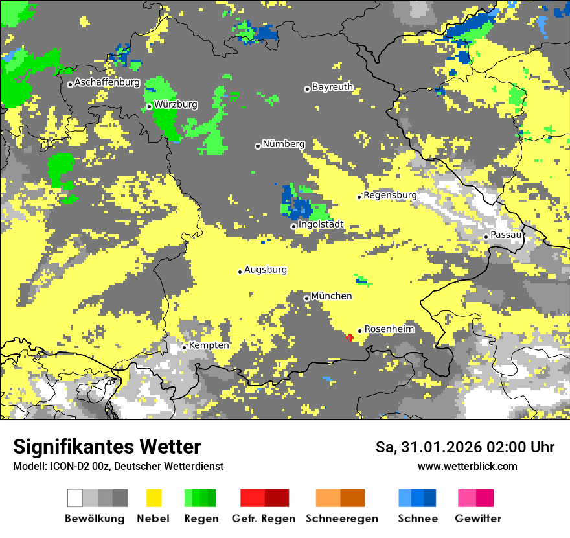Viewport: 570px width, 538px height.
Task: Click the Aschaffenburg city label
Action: click(x=107, y=82)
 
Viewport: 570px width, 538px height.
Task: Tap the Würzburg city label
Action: click(x=176, y=104)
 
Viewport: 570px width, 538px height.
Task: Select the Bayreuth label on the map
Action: click(x=332, y=87)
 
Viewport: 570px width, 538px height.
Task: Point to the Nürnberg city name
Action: click(x=284, y=144)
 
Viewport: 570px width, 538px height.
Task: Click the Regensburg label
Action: click(x=390, y=195)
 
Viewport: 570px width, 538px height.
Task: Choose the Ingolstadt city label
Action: click(x=321, y=225)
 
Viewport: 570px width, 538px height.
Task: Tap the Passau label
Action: click(x=507, y=235)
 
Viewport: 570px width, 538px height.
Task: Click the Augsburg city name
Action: click(x=266, y=270)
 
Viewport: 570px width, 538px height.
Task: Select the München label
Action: click(x=332, y=296)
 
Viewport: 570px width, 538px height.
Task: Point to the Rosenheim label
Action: click(x=389, y=329)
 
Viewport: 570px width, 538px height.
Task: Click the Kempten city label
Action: click(x=209, y=345)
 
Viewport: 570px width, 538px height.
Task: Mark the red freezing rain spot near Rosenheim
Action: click(x=350, y=337)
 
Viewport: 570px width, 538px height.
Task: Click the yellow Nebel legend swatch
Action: click(x=154, y=498)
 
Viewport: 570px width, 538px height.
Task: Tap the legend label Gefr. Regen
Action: click(x=264, y=519)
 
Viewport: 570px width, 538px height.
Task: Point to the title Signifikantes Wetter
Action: click(x=107, y=447)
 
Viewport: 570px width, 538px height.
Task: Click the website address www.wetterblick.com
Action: click(x=467, y=466)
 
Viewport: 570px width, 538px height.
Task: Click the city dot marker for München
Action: click(x=306, y=298)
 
